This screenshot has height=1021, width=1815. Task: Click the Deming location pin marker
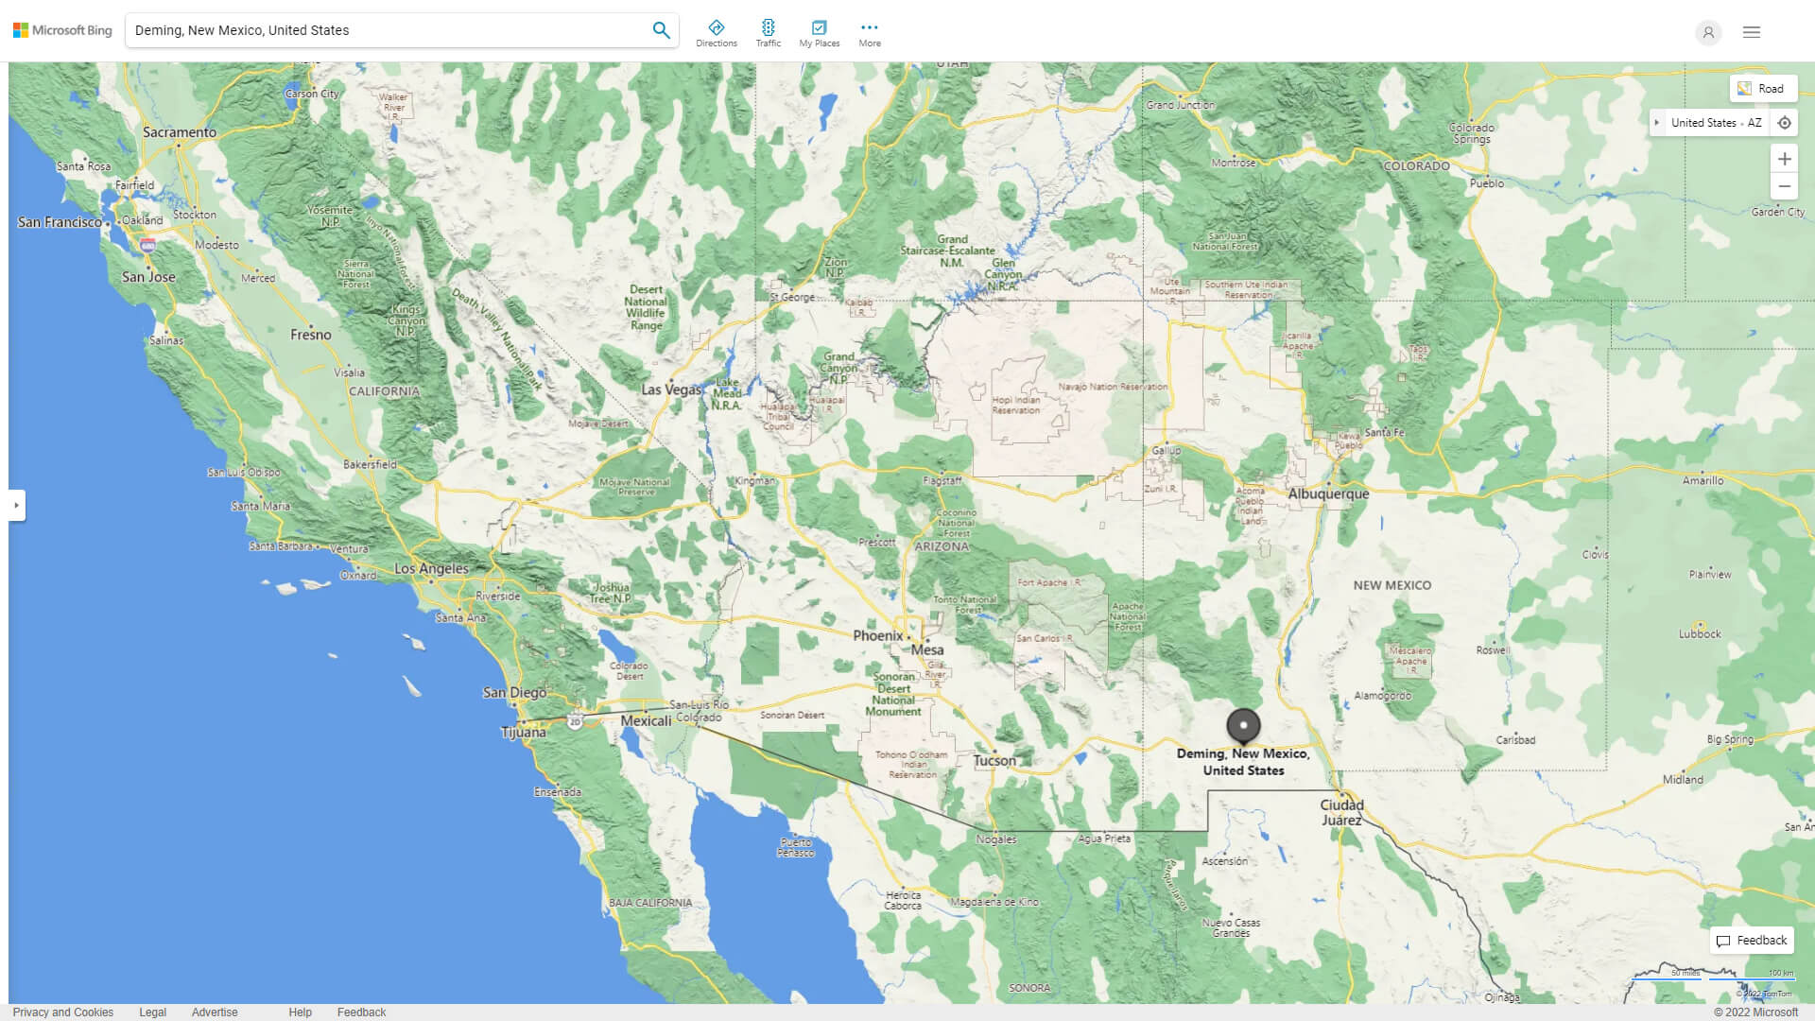(1243, 725)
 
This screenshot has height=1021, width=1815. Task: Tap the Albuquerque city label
(1328, 493)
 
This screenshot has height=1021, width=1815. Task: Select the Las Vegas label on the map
(671, 389)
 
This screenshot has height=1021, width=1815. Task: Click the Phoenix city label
(878, 635)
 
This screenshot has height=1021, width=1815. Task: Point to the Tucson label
(994, 760)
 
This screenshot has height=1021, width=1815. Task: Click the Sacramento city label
(180, 132)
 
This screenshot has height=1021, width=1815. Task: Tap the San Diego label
(514, 692)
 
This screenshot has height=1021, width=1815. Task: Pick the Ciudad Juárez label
(1342, 812)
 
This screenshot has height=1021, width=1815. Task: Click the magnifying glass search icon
(661, 30)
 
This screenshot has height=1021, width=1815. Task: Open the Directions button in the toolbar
(717, 33)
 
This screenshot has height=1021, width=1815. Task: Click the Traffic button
(769, 33)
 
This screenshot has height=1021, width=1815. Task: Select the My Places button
(820, 33)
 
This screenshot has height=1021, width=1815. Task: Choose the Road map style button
(1762, 89)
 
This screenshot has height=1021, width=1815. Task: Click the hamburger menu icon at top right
(1752, 32)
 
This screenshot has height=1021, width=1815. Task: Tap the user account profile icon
(1708, 32)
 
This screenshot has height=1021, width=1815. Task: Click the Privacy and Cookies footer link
(63, 1012)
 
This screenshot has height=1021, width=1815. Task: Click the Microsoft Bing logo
(62, 30)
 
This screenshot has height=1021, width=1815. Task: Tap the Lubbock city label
(1700, 633)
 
